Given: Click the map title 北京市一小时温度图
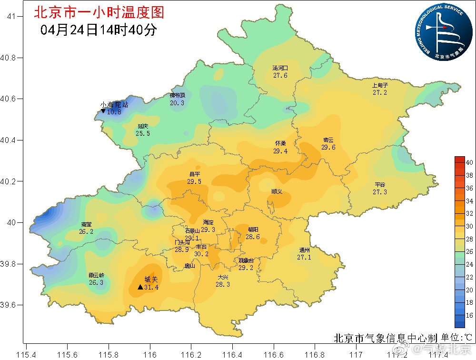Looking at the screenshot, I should (99, 12).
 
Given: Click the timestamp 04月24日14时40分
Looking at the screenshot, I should (99, 30).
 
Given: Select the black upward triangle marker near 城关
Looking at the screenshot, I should (140, 287).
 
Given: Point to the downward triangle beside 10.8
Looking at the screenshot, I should (103, 111).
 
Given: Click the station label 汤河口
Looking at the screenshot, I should (280, 69).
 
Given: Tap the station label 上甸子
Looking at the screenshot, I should (380, 86).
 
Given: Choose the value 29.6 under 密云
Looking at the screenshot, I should (328, 147).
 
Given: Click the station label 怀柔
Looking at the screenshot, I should (280, 143).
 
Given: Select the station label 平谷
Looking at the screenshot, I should (380, 185).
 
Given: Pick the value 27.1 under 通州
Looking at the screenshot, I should (304, 257).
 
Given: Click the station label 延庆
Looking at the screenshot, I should (143, 126).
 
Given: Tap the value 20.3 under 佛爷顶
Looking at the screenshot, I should (177, 102).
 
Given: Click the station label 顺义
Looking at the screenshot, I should (277, 191).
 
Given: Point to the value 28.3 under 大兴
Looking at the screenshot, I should (223, 284).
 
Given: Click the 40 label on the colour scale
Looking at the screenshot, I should (469, 162).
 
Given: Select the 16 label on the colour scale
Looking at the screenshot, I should (469, 315).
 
